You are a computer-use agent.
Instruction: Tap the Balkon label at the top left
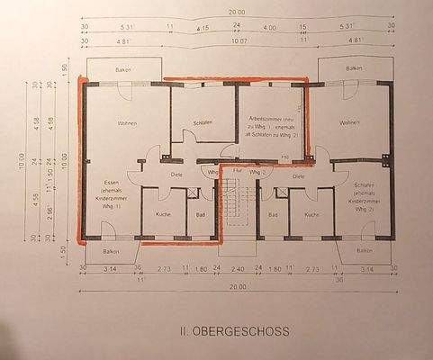[x=125, y=69]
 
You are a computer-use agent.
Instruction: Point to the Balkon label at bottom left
[x=111, y=251]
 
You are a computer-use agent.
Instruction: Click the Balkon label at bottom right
[x=365, y=250]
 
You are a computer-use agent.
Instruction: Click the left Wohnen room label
[x=126, y=123]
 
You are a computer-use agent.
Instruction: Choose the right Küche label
[x=311, y=216]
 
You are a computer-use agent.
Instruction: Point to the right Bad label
[x=272, y=216]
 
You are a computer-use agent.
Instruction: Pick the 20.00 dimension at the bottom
[x=237, y=287]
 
